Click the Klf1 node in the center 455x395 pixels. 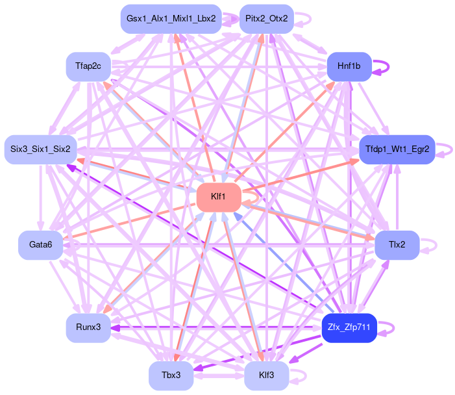pyautogui.click(x=219, y=196)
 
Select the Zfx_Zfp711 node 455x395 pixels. pyautogui.click(x=349, y=328)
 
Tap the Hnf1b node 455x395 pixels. pyautogui.click(x=349, y=66)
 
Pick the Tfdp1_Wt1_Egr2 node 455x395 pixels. pyautogui.click(x=397, y=149)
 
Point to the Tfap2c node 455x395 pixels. pyautogui.click(x=88, y=67)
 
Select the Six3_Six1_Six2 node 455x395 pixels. pyautogui.click(x=40, y=149)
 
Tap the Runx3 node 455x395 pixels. pyautogui.click(x=88, y=327)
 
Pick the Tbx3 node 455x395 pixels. pyautogui.click(x=170, y=376)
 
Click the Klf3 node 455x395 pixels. pyautogui.click(x=266, y=376)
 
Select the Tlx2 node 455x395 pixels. pyautogui.click(x=397, y=245)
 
